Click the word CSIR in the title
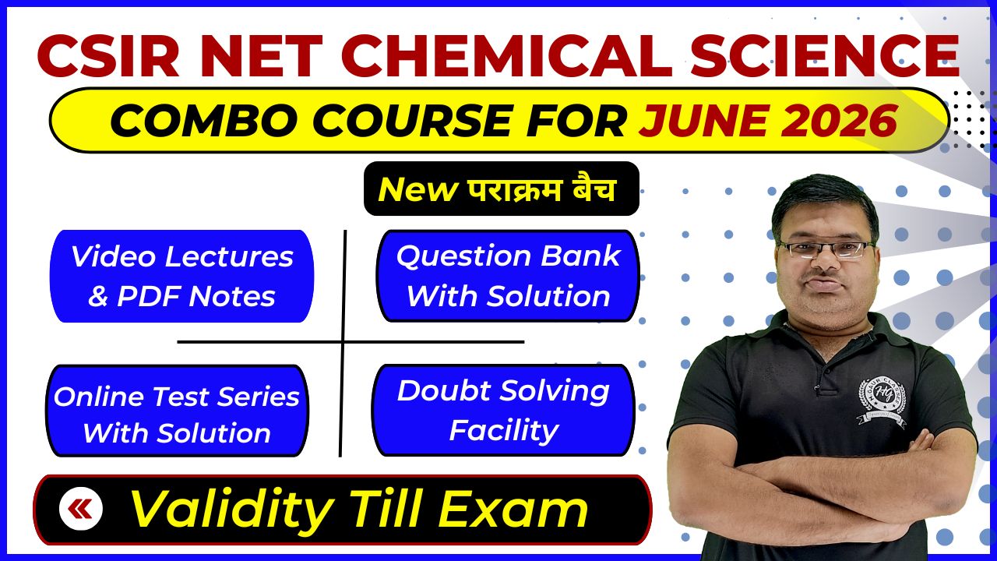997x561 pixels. [108, 56]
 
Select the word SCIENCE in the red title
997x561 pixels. [825, 56]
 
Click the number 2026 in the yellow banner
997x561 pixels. [840, 120]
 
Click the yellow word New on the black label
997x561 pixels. [417, 189]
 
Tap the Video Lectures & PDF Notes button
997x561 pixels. [182, 276]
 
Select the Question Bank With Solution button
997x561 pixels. [508, 276]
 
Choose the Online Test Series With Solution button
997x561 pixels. [177, 411]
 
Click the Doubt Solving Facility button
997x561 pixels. [503, 410]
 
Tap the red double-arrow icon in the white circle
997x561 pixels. [80, 509]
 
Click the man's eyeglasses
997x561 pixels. [826, 249]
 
